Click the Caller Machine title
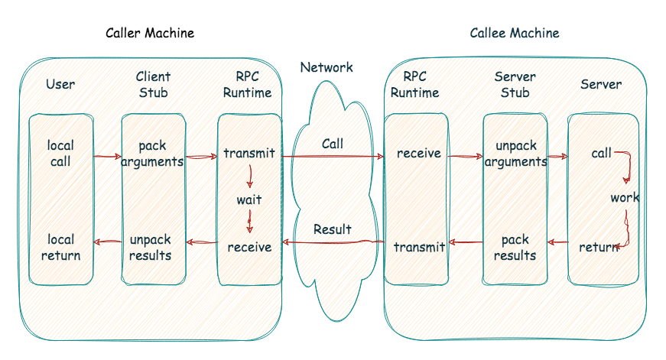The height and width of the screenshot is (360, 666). click(x=150, y=33)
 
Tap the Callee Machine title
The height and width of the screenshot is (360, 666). click(x=514, y=33)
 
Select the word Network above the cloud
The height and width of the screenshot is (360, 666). click(x=327, y=67)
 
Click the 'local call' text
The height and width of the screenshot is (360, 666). click(x=60, y=154)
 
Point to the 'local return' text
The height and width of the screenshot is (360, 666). click(x=60, y=248)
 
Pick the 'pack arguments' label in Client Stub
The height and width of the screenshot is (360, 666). click(x=152, y=154)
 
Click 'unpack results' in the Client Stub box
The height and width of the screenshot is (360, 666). click(x=151, y=247)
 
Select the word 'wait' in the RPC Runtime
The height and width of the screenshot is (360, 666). click(x=249, y=200)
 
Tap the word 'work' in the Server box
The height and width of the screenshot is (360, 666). click(x=624, y=198)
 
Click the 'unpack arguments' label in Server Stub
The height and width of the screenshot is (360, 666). click(x=515, y=154)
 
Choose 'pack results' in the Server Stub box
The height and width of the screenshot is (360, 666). click(x=515, y=248)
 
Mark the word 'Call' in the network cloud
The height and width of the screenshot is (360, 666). click(x=333, y=144)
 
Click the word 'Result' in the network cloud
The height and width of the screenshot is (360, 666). click(x=333, y=229)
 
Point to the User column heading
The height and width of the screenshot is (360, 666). click(x=60, y=84)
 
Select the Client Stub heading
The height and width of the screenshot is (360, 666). click(x=153, y=85)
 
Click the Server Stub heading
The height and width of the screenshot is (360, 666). click(x=515, y=85)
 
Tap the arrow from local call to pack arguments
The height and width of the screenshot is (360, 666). click(x=107, y=157)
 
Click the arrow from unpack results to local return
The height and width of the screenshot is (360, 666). click(x=107, y=242)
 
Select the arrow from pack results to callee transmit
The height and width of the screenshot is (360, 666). click(x=466, y=243)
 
